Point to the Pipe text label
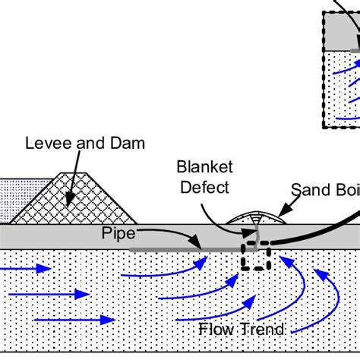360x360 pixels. (x=118, y=233)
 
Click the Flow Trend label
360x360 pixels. (x=242, y=329)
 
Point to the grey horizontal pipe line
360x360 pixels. (x=167, y=248)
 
